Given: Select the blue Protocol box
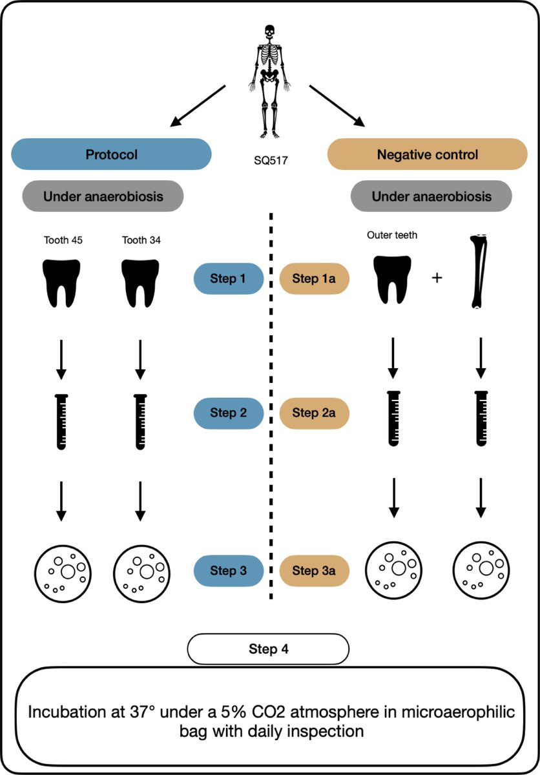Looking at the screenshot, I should click(112, 154).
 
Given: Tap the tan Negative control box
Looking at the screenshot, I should click(427, 155).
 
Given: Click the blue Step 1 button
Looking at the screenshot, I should click(228, 279).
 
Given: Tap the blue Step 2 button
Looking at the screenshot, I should click(228, 413).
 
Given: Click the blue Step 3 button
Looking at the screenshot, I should click(228, 570).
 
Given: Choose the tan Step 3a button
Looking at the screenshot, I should click(314, 570).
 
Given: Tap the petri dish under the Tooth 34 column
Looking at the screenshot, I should click(141, 571).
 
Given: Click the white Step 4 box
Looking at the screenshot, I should click(268, 649).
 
